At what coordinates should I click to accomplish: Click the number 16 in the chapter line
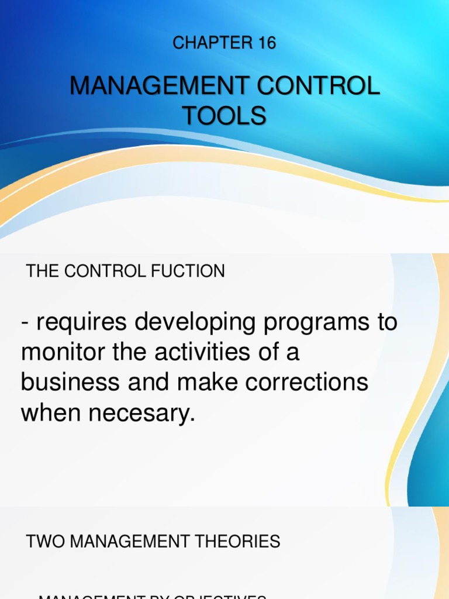[x=264, y=43]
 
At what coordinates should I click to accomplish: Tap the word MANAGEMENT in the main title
[x=153, y=87]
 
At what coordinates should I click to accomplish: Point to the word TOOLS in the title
[x=224, y=116]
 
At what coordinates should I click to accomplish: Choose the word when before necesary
[x=48, y=414]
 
